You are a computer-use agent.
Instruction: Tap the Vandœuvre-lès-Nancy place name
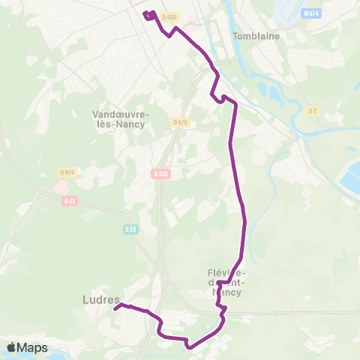[121, 119]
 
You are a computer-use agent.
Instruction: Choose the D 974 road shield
[67, 172]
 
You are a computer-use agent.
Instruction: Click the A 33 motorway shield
[70, 200]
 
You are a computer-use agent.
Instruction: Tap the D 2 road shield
[313, 111]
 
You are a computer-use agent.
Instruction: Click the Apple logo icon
[12, 347]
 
